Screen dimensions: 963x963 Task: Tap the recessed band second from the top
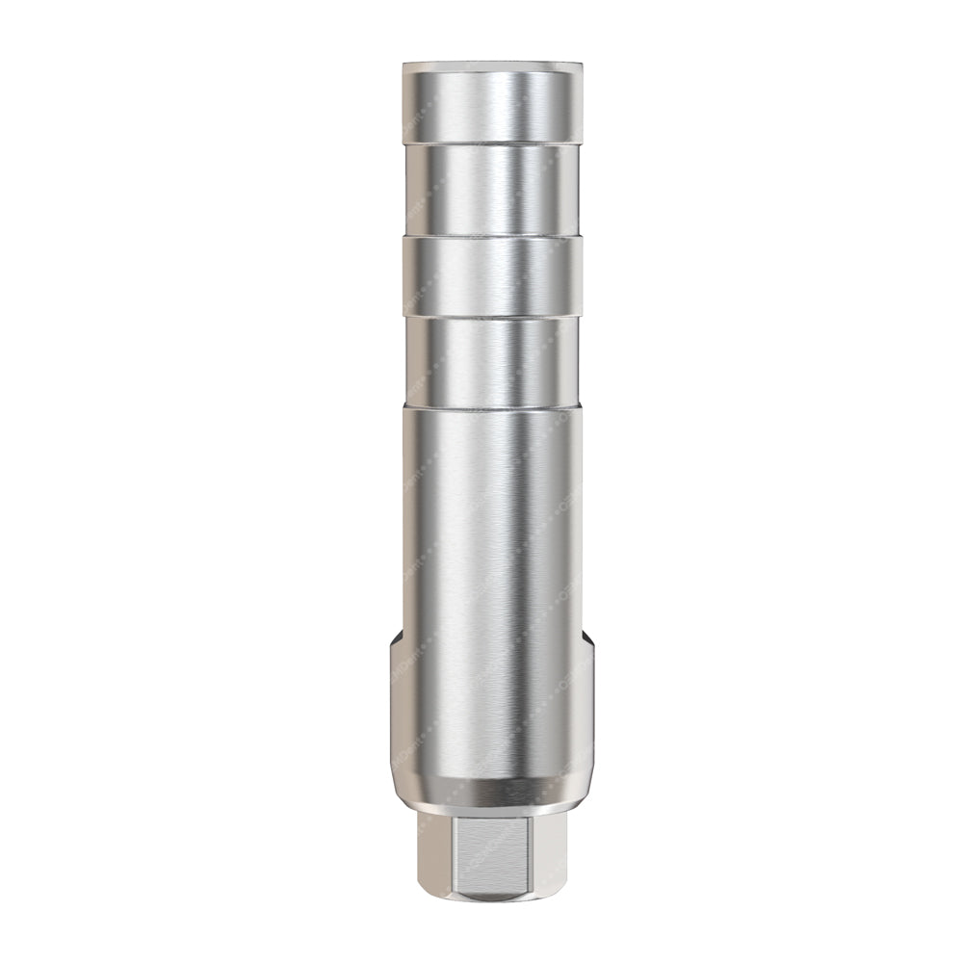coord(492,188)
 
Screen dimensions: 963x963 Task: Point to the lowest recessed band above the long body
coord(492,361)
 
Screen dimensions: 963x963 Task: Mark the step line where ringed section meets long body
coord(492,406)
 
